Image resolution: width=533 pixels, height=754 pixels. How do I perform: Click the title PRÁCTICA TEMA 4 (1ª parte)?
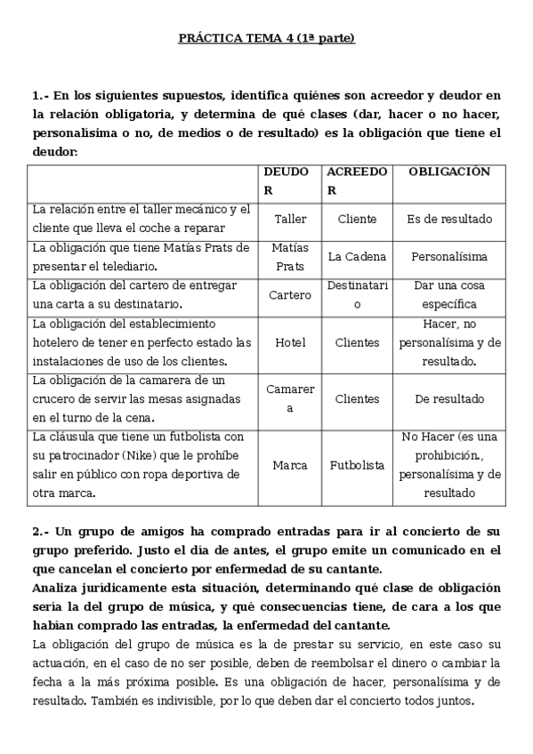(x=266, y=39)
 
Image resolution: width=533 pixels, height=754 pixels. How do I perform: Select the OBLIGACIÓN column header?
(x=449, y=172)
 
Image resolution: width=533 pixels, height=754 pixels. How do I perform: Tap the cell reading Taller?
(x=290, y=219)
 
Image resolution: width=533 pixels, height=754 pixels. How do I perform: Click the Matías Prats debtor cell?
(x=290, y=256)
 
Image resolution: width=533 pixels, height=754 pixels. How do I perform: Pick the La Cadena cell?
(x=357, y=256)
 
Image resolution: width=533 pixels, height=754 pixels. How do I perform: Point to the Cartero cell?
(x=290, y=294)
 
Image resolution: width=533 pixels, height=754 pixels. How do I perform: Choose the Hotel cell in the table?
(x=290, y=342)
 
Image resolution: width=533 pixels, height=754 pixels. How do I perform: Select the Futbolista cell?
(x=357, y=465)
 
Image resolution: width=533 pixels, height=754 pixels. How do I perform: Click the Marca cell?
(x=290, y=465)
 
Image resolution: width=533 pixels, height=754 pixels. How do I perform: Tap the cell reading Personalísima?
(x=449, y=256)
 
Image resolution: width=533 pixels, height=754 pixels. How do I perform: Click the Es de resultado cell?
(x=449, y=219)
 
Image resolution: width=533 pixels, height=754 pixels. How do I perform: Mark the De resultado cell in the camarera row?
(x=449, y=399)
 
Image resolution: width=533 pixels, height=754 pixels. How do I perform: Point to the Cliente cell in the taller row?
(x=357, y=219)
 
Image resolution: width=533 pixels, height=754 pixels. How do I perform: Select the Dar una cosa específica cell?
(x=449, y=294)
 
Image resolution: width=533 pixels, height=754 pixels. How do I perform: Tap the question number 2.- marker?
(x=41, y=532)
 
